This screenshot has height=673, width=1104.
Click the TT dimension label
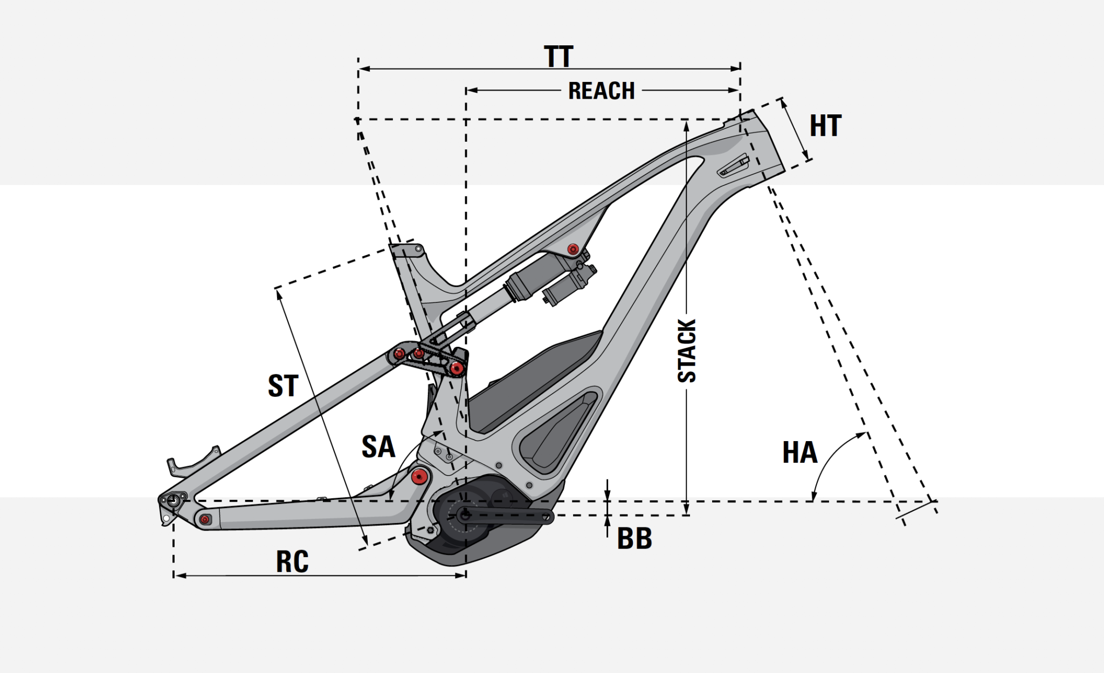[x=558, y=57]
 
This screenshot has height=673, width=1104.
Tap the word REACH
[x=601, y=91]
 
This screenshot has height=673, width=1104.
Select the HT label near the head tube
[x=825, y=126]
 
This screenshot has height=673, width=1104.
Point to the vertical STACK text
[x=687, y=351]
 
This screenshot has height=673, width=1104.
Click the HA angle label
[x=799, y=452]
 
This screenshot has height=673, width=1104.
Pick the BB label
[x=634, y=538]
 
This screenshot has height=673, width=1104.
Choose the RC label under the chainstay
[x=292, y=561]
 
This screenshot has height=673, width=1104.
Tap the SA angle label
[x=378, y=447]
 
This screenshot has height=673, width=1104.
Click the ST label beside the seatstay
[x=283, y=386]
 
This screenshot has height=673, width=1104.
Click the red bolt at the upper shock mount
[x=573, y=249]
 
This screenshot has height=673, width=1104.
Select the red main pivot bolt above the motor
[x=419, y=476]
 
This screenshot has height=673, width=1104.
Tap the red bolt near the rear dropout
[x=204, y=519]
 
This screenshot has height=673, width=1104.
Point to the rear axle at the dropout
[x=172, y=500]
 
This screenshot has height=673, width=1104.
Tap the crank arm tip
[x=547, y=516]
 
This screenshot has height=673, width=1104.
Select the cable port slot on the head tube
[x=734, y=166]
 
